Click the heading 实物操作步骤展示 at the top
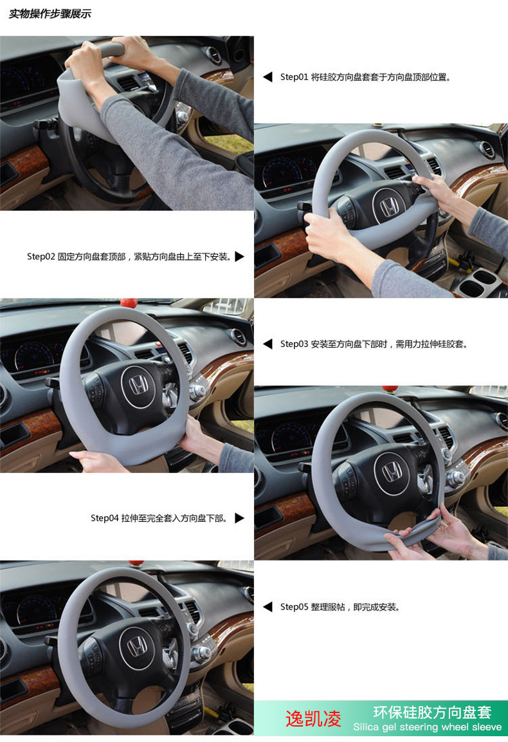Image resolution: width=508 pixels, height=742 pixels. click(50, 14)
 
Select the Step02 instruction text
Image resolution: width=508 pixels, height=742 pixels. click(129, 257)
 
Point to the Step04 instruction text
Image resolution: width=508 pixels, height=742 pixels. click(159, 518)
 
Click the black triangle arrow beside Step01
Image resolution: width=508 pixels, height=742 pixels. click(268, 77)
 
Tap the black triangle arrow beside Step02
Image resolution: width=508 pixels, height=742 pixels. click(240, 257)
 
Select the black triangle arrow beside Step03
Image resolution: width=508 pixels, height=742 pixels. click(268, 344)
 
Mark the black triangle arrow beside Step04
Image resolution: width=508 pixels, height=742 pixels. click(240, 518)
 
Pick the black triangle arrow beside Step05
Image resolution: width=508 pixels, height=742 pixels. click(268, 607)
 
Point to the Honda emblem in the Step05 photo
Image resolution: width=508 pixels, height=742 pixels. click(136, 647)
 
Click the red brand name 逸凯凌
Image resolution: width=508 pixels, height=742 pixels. click(313, 719)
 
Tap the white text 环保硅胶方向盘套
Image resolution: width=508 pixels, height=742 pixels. click(432, 712)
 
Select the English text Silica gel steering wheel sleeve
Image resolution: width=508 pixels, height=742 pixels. click(427, 728)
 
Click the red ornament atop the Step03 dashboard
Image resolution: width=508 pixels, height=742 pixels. click(129, 302)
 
